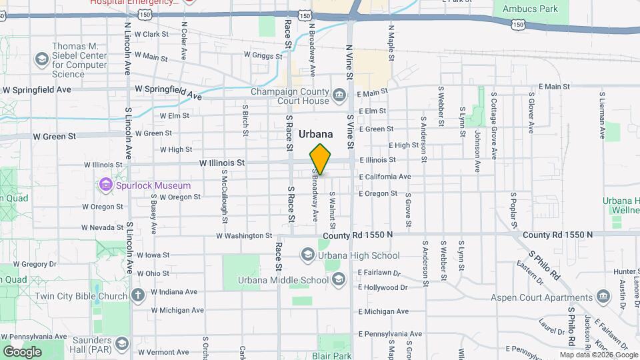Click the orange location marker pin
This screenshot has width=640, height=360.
[320, 159]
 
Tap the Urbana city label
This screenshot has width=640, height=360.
[316, 134]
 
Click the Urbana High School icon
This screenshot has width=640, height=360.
[307, 255]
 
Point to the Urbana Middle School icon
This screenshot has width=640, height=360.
[339, 279]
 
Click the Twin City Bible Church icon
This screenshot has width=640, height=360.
[138, 295]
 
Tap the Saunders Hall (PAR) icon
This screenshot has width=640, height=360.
[122, 344]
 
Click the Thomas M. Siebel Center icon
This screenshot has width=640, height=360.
[42, 59]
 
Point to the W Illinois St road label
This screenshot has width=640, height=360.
[222, 162]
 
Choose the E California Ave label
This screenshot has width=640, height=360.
[385, 177]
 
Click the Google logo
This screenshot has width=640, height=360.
[22, 351]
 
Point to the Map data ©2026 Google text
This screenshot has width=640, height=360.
[598, 355]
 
